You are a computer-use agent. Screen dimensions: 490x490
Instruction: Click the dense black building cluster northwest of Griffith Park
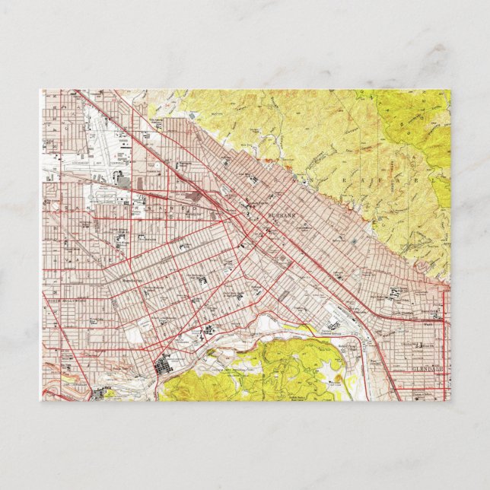(x=164, y=368)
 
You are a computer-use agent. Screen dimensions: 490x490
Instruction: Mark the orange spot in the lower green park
(x=335, y=378)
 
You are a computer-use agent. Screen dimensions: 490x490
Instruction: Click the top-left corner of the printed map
(x=41, y=90)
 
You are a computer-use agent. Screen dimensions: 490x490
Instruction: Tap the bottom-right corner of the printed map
(x=450, y=400)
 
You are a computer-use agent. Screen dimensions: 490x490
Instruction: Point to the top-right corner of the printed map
(x=450, y=90)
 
